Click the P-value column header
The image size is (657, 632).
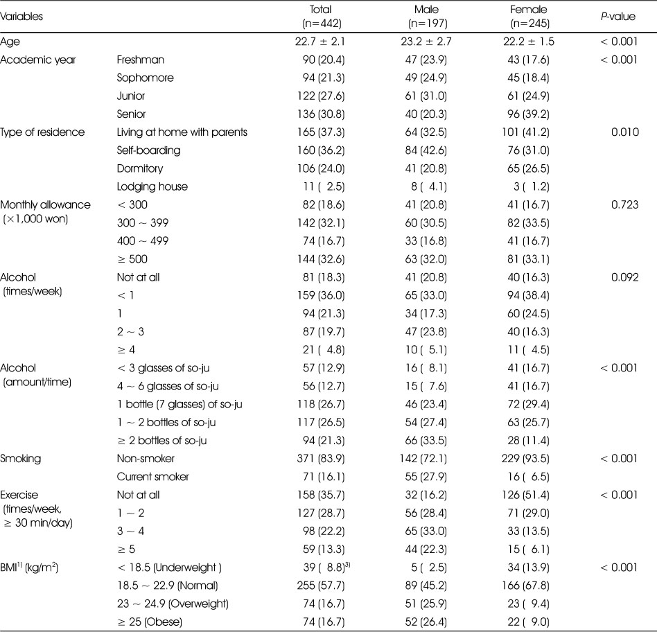[618, 17]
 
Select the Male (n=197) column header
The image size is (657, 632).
[427, 17]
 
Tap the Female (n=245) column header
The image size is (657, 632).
[529, 17]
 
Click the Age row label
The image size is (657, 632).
[10, 42]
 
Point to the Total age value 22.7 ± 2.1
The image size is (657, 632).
[320, 42]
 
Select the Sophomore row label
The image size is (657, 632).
[145, 78]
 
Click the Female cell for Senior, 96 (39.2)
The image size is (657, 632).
[528, 114]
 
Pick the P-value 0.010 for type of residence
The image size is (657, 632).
[624, 132]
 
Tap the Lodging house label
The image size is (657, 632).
[152, 186]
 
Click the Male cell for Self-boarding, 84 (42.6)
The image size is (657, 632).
[426, 150]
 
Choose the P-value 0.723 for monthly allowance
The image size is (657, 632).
[624, 204]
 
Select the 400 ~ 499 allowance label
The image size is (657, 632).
[143, 241]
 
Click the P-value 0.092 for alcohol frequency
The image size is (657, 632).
[624, 277]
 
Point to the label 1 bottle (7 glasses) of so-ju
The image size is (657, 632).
[179, 404]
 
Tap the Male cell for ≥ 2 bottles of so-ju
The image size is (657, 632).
[426, 441]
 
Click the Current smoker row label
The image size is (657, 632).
[152, 477]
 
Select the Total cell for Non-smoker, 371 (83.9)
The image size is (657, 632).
[321, 459]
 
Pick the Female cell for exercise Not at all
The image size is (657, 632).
[525, 495]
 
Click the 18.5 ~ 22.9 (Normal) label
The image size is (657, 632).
[167, 586]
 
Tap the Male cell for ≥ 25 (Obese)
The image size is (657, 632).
[426, 622]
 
